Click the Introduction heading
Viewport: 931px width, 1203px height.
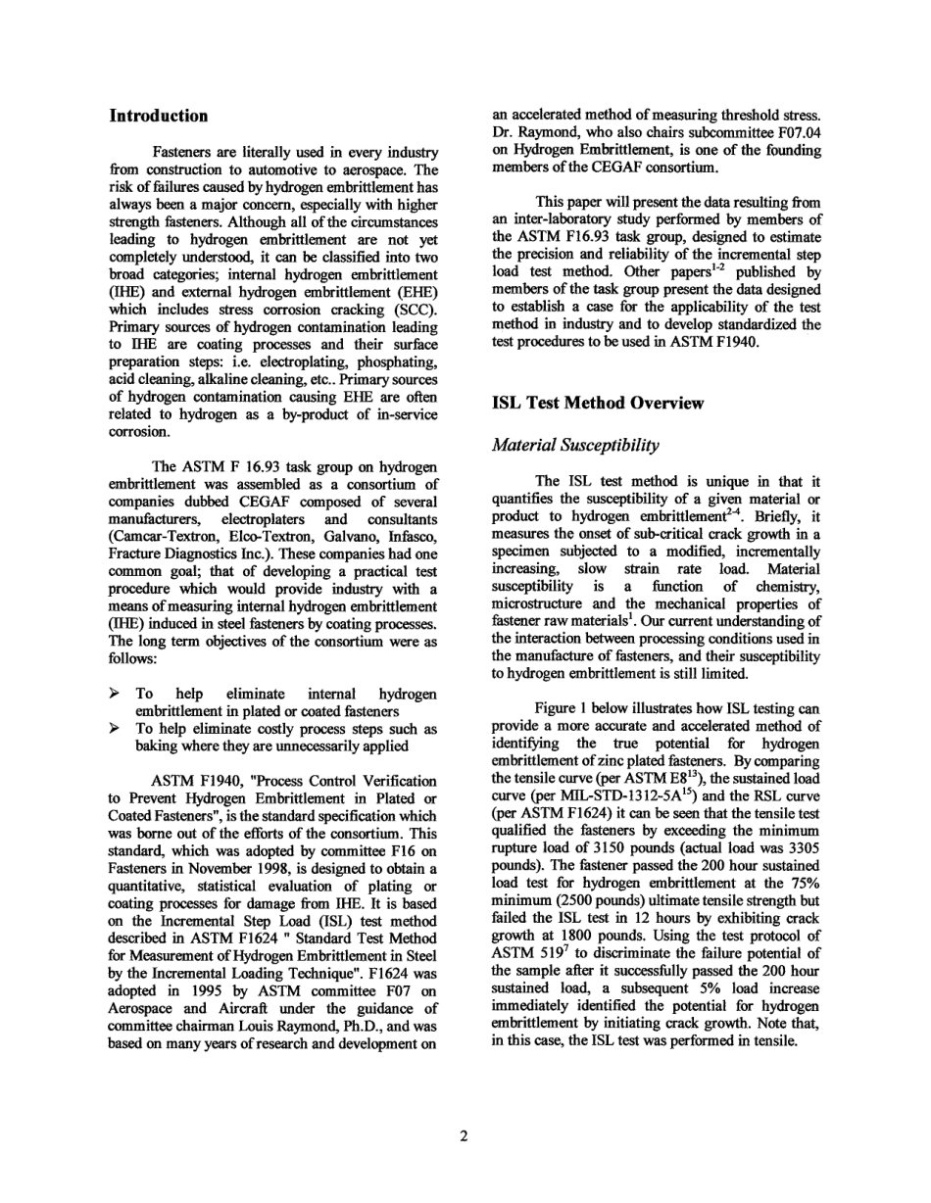coord(158,116)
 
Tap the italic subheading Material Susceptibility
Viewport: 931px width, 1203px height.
coord(575,445)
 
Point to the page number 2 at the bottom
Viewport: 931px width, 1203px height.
coord(465,1135)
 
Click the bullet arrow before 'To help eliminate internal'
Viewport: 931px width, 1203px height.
coord(115,694)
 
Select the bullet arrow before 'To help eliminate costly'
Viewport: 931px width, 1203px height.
coord(115,729)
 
